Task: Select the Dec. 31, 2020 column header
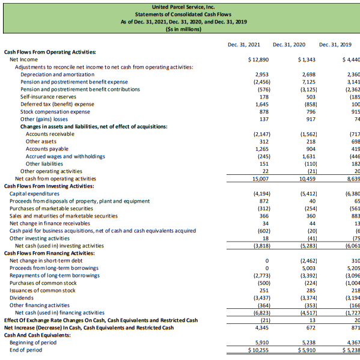coord(289,44)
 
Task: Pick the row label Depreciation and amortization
coord(57,74)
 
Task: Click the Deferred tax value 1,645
coord(259,104)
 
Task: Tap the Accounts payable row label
coord(46,148)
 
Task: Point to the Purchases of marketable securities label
coord(61,208)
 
